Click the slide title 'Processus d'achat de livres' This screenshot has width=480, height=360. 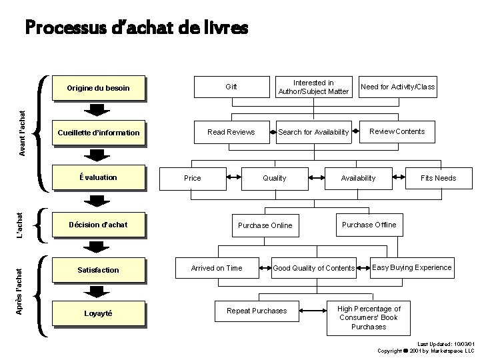point(136,27)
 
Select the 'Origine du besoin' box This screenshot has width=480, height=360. point(99,88)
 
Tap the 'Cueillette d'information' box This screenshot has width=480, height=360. point(99,133)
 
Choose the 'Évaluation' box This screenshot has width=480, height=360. point(99,177)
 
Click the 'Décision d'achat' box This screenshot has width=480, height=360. point(99,224)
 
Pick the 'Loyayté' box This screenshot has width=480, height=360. point(99,313)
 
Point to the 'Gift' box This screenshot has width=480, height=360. point(231,87)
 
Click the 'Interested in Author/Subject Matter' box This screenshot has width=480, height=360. point(313,87)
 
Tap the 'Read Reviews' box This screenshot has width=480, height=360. point(231,132)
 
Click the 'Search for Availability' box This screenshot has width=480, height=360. point(313,132)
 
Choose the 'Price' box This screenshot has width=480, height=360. point(192,178)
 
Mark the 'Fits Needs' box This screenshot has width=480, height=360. point(438,178)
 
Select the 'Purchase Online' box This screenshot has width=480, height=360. point(265,225)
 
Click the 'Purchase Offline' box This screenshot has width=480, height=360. point(369,225)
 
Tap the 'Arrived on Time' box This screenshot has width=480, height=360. point(217,268)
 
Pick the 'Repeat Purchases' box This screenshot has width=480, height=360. point(257,311)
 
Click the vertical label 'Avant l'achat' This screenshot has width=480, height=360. point(22,133)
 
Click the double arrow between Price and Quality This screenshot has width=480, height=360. point(234,178)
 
